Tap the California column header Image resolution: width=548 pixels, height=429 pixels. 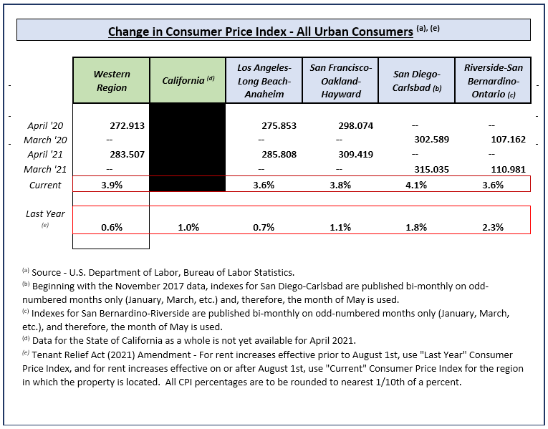point(188,81)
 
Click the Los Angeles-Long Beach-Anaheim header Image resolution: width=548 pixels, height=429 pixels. point(264,81)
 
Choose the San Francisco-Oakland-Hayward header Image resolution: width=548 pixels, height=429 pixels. point(340,81)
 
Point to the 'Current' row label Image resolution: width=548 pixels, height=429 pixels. point(44,185)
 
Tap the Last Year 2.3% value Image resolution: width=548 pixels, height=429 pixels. point(492,227)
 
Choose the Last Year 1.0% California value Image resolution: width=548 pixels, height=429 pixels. point(188,227)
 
